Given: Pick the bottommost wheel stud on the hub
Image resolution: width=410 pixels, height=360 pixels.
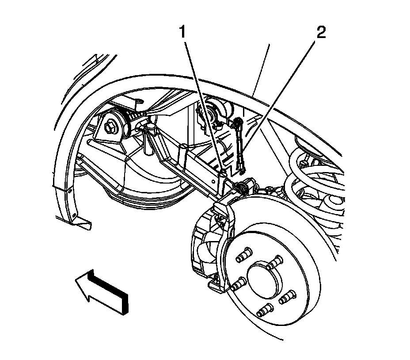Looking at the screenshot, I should point(264,310).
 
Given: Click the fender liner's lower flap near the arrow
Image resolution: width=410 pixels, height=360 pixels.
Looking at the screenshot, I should point(82,223).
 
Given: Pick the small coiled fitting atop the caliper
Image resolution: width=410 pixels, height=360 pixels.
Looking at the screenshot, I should point(241,188).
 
